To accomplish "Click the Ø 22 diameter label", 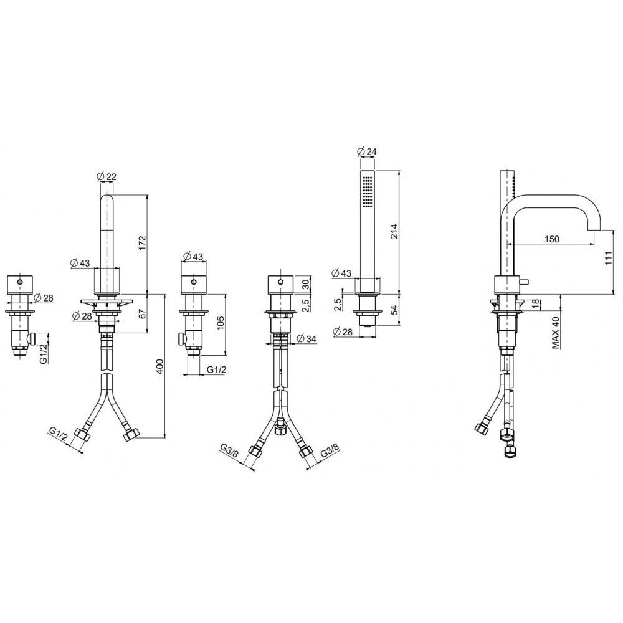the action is pyautogui.click(x=106, y=176).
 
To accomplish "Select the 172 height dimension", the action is pyautogui.click(x=142, y=244).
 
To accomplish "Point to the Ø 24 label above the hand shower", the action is pyautogui.click(x=367, y=151).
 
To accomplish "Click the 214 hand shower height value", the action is pyautogui.click(x=393, y=232).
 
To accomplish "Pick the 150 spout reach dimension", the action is pyautogui.click(x=551, y=239).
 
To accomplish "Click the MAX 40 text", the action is pyautogui.click(x=556, y=332).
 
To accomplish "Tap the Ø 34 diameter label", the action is pyautogui.click(x=307, y=338).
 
